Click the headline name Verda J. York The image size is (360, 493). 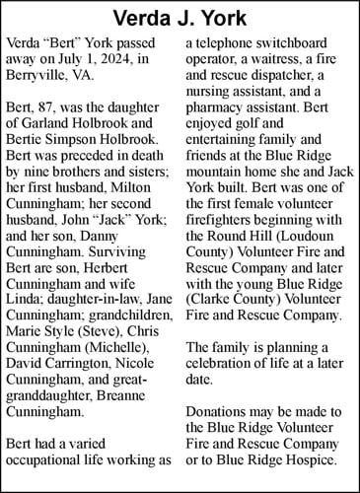point(180,19)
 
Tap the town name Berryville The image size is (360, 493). point(42,79)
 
